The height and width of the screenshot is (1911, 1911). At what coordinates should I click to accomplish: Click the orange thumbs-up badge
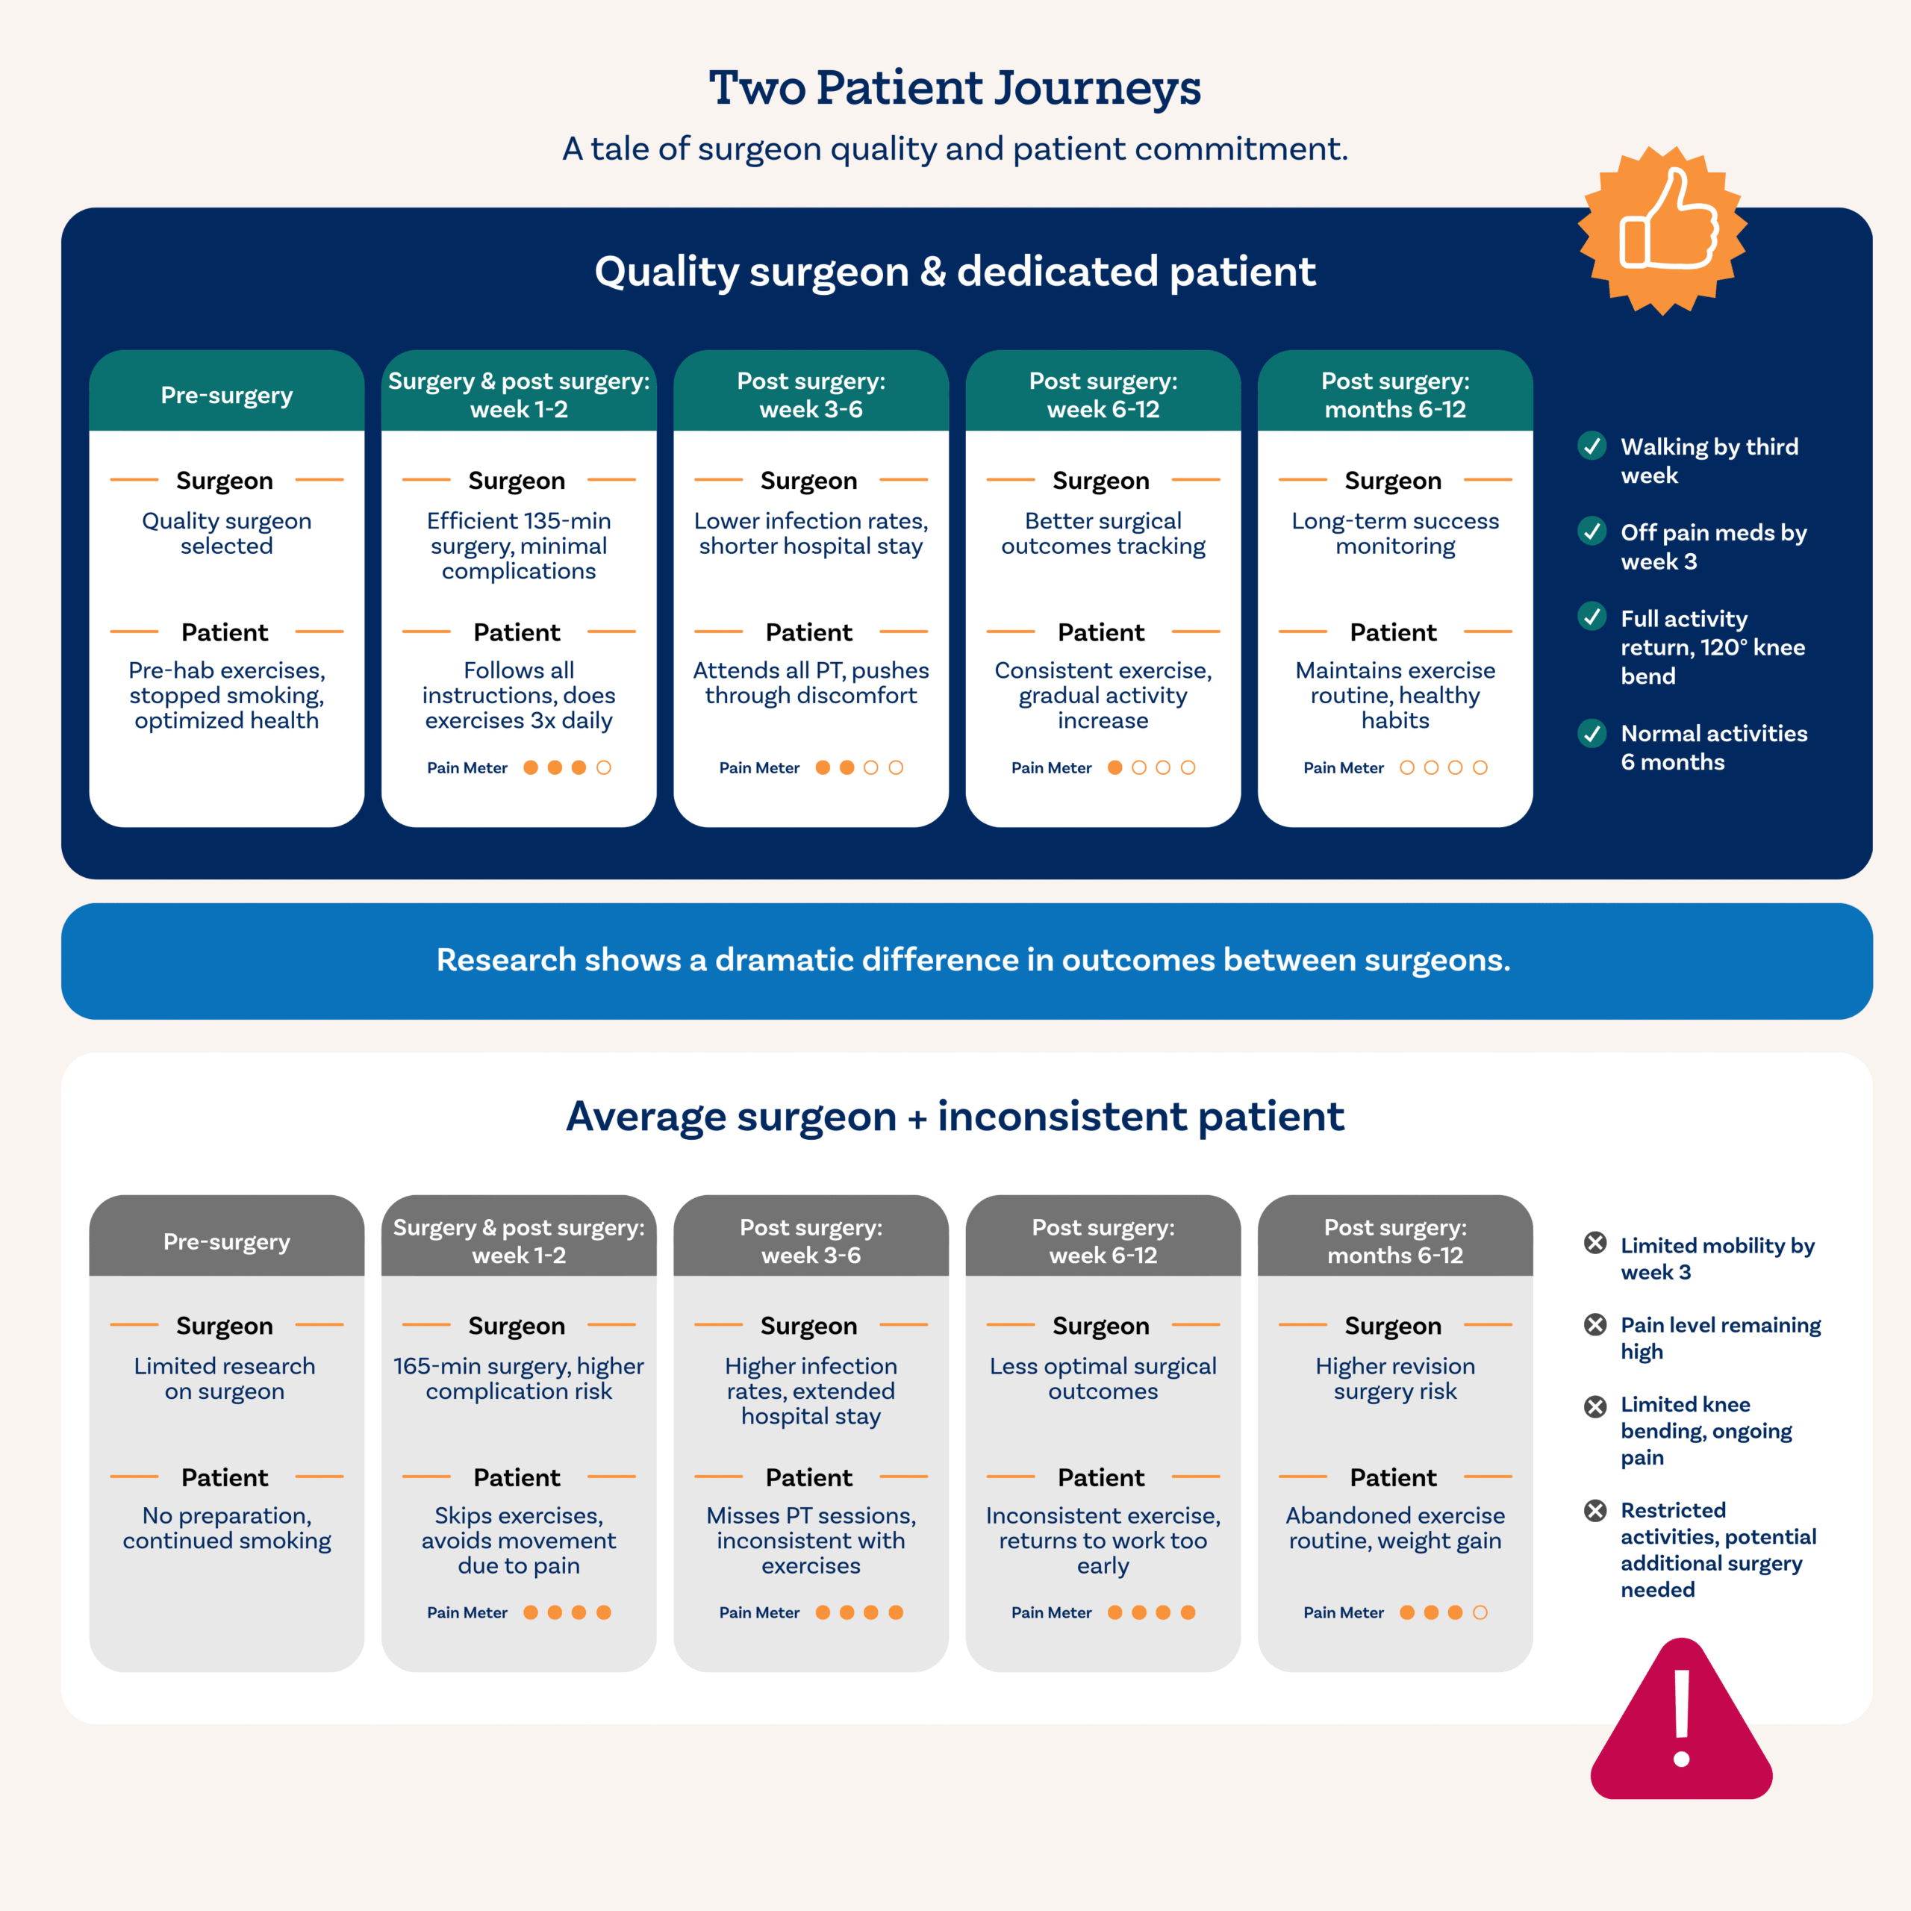coord(1662,231)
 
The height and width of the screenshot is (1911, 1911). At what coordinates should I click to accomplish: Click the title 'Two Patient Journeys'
coord(955,87)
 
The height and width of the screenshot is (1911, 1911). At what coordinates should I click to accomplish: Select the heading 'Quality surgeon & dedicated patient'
coord(955,271)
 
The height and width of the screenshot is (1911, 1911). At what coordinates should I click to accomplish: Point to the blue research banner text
coord(973,959)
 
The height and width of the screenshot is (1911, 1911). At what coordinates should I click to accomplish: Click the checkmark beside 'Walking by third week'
coord(1592,446)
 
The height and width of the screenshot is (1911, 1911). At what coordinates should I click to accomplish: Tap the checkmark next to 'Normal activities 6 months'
coord(1592,733)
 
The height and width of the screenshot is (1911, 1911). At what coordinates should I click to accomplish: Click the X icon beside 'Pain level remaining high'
coord(1594,1324)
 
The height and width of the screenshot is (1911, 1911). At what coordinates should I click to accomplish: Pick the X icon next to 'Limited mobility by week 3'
coord(1594,1244)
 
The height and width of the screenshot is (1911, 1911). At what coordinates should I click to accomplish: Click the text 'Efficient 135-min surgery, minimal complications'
coord(518,546)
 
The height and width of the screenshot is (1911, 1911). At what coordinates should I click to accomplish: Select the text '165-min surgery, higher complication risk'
coord(518,1378)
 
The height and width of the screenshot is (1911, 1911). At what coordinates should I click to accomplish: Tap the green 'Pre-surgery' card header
coord(226,395)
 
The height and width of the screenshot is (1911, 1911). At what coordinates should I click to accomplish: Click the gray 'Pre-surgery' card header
coord(226,1241)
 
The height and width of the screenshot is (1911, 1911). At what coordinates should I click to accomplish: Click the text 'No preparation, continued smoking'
coord(226,1527)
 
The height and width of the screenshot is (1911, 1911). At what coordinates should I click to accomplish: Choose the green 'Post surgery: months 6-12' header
coord(1394,395)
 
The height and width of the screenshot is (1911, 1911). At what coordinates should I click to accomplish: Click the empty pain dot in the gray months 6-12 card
coord(1480,1612)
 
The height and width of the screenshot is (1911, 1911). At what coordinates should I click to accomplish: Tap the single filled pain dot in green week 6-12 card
coord(1115,767)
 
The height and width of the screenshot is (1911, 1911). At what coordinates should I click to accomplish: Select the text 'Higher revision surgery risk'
coord(1394,1378)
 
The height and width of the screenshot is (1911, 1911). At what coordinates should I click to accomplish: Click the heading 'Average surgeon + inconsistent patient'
coord(955,1116)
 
